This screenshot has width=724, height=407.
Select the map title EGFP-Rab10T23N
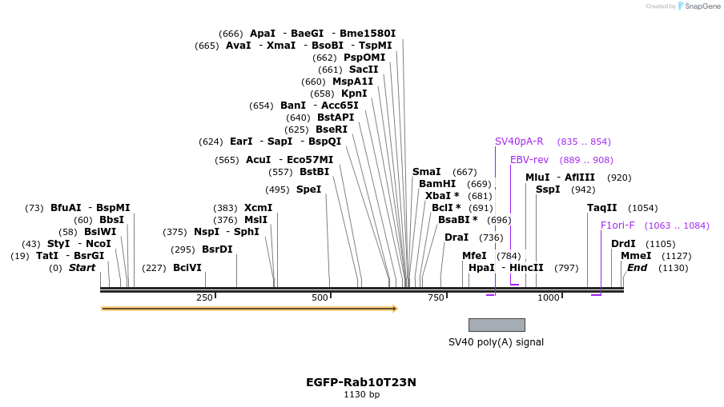pyautogui.click(x=361, y=382)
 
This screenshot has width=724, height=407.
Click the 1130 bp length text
pyautogui.click(x=361, y=395)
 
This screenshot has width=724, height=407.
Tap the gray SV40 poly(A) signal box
pyautogui.click(x=497, y=325)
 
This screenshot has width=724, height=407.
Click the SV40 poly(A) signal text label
pyautogui.click(x=496, y=342)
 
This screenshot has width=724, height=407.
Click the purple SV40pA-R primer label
pyautogui.click(x=519, y=142)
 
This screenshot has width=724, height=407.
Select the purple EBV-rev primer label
pyautogui.click(x=529, y=160)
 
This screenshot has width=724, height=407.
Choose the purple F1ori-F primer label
pyautogui.click(x=617, y=225)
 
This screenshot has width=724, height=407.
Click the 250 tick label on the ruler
pyautogui.click(x=204, y=298)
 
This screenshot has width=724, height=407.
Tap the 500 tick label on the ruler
pyautogui.click(x=320, y=298)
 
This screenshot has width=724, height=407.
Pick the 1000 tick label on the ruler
pyautogui.click(x=549, y=298)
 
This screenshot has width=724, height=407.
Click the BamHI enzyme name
pyautogui.click(x=437, y=184)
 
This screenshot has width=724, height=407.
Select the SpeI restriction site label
pyautogui.click(x=308, y=190)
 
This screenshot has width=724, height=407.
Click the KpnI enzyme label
pyautogui.click(x=354, y=94)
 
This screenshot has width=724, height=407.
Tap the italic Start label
pyautogui.click(x=82, y=268)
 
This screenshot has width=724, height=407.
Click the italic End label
pyautogui.click(x=637, y=268)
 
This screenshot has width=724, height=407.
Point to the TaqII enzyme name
pyautogui.click(x=602, y=208)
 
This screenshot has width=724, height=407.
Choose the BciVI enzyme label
pyautogui.click(x=187, y=268)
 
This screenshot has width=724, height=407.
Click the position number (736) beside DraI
pyautogui.click(x=491, y=237)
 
